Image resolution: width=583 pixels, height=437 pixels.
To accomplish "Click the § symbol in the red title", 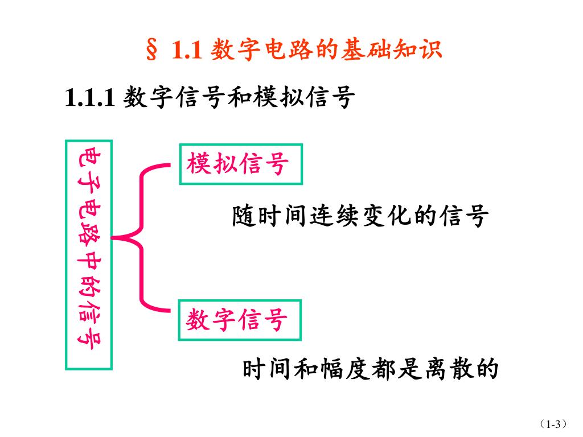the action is pyautogui.click(x=152, y=51).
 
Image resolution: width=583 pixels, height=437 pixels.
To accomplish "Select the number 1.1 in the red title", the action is pyautogui.click(x=187, y=51).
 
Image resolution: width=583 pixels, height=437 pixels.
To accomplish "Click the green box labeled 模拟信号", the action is pyautogui.click(x=240, y=164).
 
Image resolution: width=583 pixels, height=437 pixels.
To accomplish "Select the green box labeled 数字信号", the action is pyautogui.click(x=240, y=319).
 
